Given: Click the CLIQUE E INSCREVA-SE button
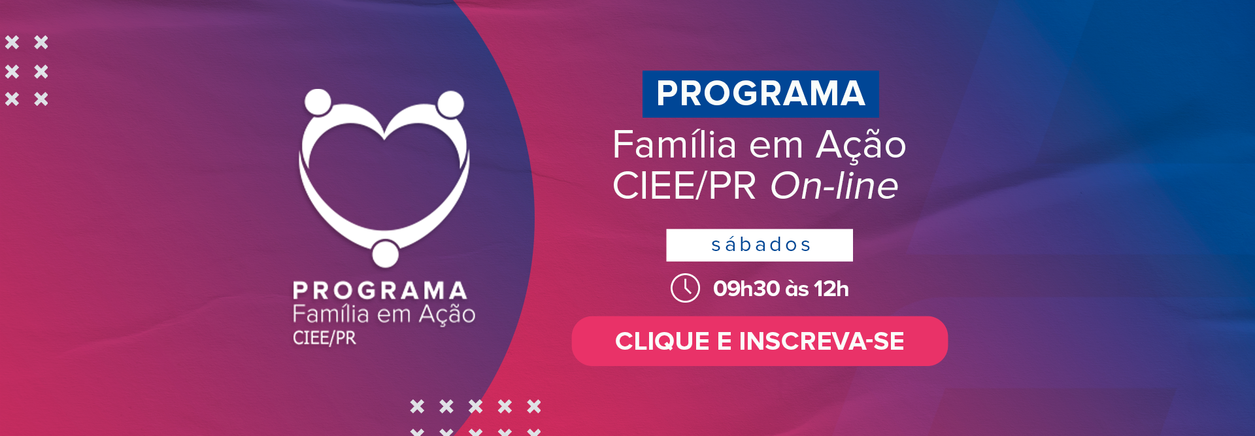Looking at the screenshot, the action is click(x=760, y=341).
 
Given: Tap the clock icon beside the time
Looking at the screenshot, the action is click(x=685, y=288).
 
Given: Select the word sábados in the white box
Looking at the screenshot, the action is click(x=761, y=244).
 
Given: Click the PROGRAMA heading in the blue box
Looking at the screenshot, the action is click(x=761, y=93).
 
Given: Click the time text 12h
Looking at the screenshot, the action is click(x=831, y=288).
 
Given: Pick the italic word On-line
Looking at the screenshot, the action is click(x=834, y=186).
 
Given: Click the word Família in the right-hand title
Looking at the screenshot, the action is click(x=675, y=144).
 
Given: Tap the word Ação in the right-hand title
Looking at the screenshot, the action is click(x=861, y=145).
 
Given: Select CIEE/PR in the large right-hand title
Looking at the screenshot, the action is click(x=684, y=186).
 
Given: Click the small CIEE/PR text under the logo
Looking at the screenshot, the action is click(x=324, y=338).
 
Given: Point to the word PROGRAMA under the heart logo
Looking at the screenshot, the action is click(x=380, y=290).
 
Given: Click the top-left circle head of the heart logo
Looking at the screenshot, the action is click(x=318, y=102).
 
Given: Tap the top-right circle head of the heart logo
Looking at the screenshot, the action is click(x=450, y=104).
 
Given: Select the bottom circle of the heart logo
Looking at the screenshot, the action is click(x=385, y=254).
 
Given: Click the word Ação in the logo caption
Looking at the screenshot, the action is click(x=447, y=314).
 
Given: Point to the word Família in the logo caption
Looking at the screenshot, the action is click(x=331, y=314).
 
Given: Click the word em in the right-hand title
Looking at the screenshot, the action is click(x=776, y=148).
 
